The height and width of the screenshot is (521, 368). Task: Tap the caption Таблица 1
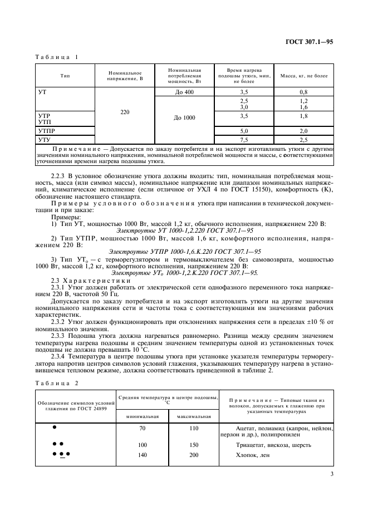57,57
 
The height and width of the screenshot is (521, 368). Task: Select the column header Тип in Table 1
65,76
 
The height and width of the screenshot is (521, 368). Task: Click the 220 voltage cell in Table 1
125,112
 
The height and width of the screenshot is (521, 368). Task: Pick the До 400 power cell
184,91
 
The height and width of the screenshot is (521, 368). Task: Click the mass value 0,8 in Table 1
303,91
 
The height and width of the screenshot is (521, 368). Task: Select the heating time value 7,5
243,140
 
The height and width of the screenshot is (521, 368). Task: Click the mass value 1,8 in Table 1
303,116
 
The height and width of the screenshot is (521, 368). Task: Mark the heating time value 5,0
243,131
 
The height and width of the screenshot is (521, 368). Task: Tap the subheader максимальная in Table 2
194,416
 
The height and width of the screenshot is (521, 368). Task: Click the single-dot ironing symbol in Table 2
54,427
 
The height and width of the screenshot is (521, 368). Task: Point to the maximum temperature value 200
194,455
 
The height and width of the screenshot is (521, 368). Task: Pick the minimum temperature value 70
143,429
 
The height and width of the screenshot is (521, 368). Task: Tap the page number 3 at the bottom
332,475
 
